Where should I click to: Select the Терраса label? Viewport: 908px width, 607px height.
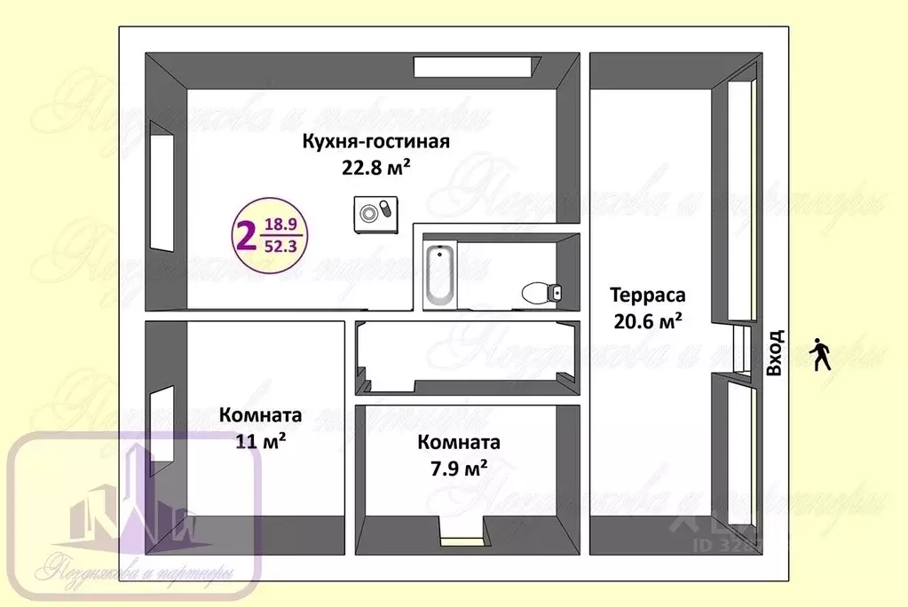[x=647, y=296]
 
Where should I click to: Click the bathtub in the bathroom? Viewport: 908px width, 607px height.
[x=439, y=274]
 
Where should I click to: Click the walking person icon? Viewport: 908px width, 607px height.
[x=821, y=354]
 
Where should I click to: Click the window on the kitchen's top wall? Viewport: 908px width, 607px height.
[x=477, y=66]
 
